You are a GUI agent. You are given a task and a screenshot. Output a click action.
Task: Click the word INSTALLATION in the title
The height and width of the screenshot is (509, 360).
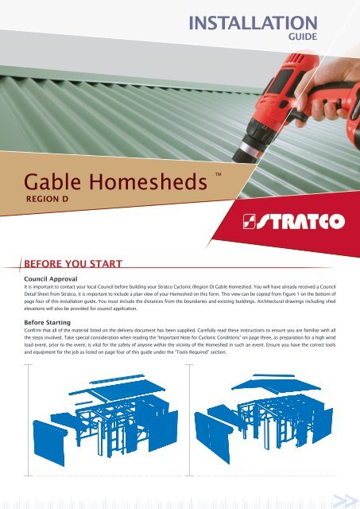coord(253,23)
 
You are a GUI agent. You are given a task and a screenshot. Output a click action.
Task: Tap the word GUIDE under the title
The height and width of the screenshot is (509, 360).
coord(303,37)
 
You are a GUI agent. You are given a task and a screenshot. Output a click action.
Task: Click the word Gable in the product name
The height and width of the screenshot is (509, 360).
coord(52,181)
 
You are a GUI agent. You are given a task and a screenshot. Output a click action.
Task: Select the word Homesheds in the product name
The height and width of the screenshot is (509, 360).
coord(148,181)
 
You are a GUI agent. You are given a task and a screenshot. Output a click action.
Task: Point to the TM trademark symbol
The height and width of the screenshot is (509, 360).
coord(218,174)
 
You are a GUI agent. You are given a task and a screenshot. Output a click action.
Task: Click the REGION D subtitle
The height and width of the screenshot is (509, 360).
coord(48,199)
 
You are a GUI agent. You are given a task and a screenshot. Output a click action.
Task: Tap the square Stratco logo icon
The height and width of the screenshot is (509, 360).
coord(249,221)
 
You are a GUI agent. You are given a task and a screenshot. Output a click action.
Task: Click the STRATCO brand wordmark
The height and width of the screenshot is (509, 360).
coord(300,221)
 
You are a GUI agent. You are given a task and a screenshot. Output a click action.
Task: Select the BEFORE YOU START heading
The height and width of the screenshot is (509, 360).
coord(73,263)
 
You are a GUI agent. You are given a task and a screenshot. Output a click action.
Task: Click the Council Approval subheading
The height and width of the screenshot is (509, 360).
coord(51,279)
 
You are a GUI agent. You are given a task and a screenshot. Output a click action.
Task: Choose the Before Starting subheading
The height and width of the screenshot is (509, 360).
coord(47,322)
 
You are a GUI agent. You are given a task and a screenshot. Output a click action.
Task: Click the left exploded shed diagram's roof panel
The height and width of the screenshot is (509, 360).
coord(126,391)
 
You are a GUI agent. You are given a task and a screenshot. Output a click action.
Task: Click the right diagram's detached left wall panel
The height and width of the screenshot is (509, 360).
coord(212,437)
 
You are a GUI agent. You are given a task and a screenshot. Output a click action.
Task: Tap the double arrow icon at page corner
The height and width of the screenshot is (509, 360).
coord(345,499)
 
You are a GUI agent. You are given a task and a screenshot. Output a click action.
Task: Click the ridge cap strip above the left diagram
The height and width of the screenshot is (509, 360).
coord(116,379)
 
